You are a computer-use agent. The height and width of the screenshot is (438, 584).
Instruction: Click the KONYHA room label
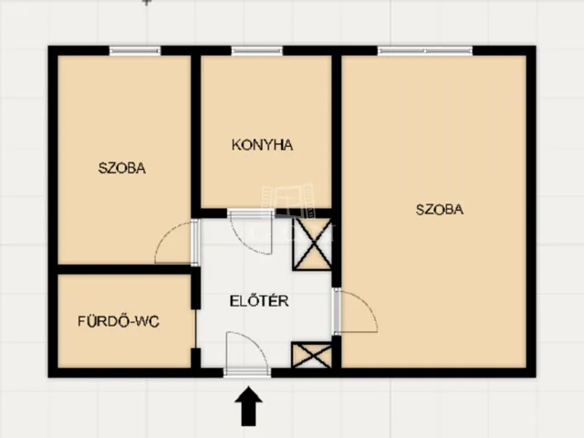(262, 145)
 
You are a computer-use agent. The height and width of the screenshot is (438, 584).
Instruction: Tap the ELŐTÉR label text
(259, 301)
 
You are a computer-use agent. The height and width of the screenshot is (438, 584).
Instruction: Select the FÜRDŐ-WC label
(119, 321)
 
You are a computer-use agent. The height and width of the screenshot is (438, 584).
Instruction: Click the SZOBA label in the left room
(121, 168)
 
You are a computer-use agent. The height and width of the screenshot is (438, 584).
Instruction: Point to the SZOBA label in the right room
(440, 209)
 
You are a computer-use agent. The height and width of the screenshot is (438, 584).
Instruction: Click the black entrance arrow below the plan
(249, 406)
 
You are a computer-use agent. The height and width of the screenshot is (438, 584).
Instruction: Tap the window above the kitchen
(257, 51)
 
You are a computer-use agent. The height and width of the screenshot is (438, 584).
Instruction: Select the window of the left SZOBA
(135, 51)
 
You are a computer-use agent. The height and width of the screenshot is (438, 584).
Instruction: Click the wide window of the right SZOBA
(425, 51)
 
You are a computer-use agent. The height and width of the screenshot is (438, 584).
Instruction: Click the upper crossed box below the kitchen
(312, 244)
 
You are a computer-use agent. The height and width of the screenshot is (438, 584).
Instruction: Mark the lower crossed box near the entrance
(311, 355)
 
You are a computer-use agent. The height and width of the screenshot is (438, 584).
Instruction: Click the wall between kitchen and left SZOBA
(196, 136)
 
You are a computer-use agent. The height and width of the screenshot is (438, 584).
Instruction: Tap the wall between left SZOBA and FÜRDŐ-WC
(125, 269)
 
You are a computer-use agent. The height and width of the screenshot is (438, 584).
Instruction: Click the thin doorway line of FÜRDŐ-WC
(195, 328)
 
